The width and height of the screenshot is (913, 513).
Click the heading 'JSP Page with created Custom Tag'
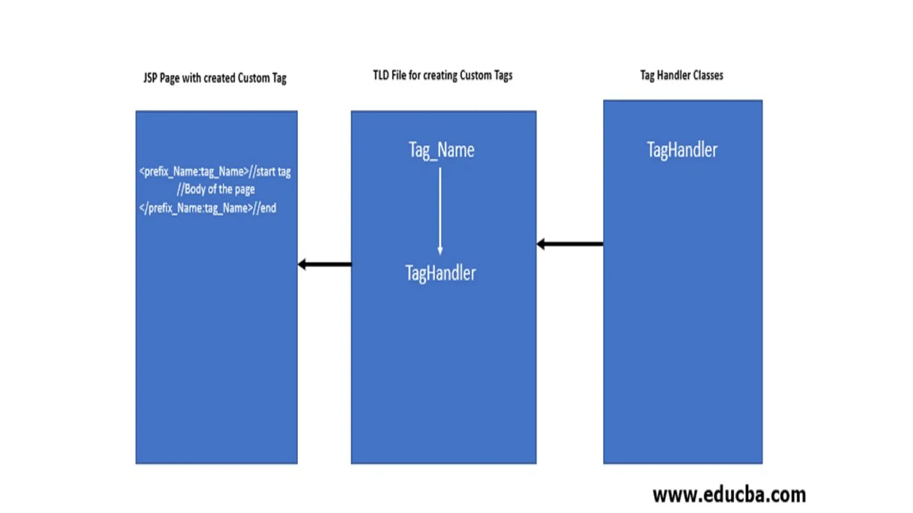tap(214, 78)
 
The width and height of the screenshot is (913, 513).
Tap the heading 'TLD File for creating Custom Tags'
tap(443, 75)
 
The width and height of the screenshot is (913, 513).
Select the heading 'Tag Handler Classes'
tap(682, 75)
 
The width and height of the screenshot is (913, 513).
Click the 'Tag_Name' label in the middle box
tap(441, 150)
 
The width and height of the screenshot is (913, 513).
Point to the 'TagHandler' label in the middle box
tap(440, 273)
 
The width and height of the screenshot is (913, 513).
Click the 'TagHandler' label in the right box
tap(682, 150)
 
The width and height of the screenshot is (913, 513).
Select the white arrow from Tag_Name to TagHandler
tap(440, 209)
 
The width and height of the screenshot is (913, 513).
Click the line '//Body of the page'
tap(216, 189)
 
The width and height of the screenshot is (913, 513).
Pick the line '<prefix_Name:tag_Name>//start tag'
tap(215, 171)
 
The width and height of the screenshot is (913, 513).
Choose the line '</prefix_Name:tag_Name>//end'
tap(208, 208)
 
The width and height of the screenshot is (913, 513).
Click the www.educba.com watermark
tap(729, 495)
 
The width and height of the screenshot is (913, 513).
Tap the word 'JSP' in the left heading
tap(150, 78)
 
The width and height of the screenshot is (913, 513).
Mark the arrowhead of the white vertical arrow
tap(440, 251)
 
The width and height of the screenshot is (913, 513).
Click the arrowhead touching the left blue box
tap(302, 265)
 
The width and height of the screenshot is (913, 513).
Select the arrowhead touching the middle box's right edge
tap(541, 244)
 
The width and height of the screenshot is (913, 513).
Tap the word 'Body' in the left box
tap(195, 189)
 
